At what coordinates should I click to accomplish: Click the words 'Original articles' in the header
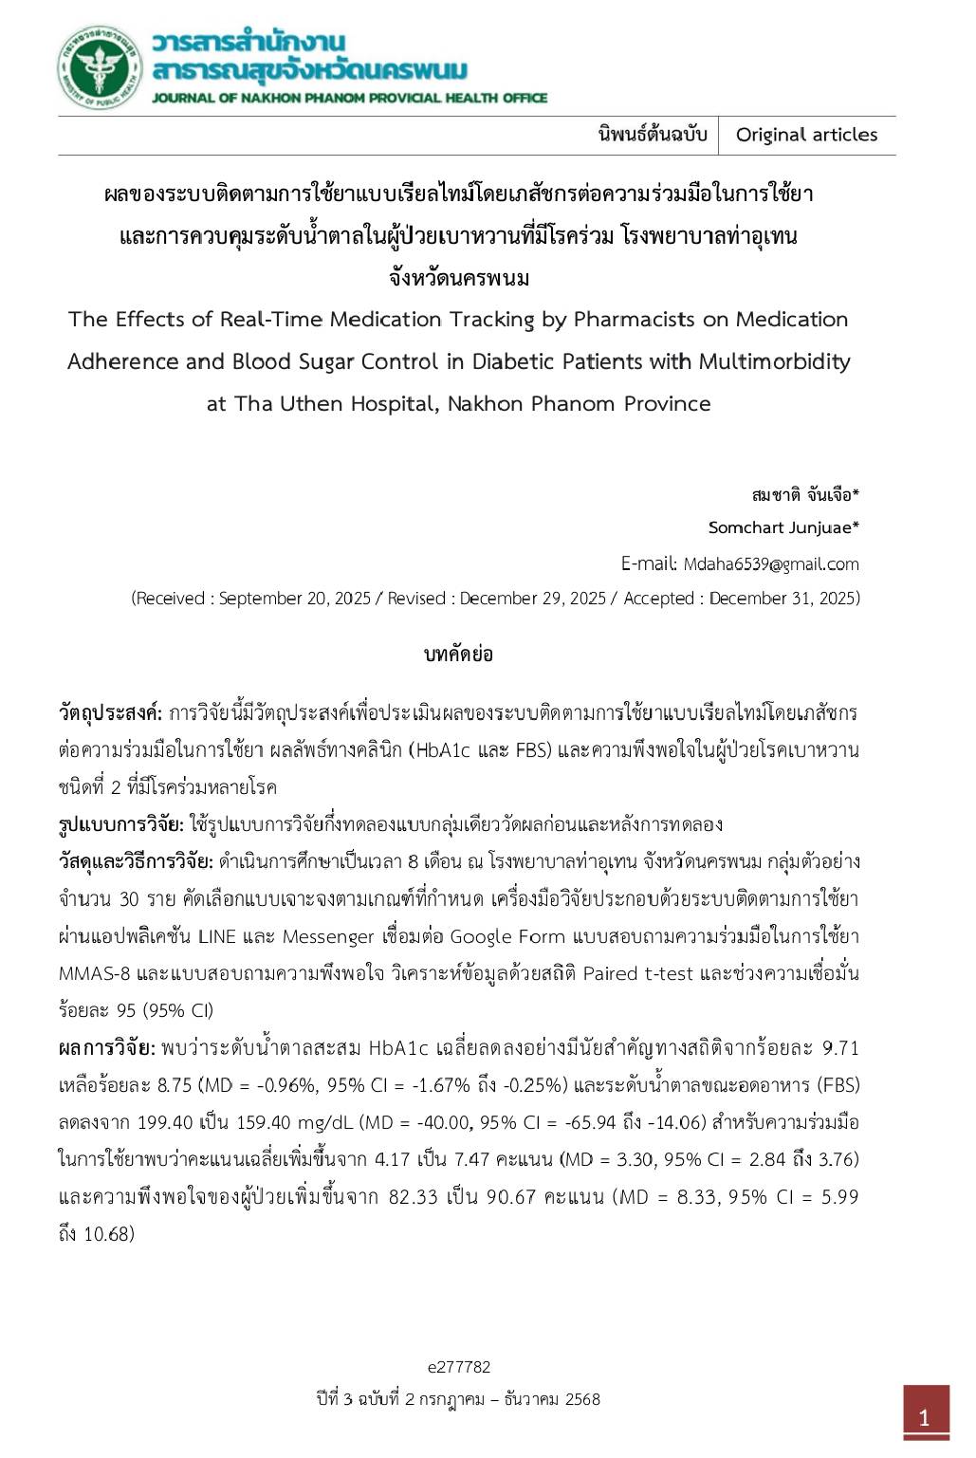click(806, 135)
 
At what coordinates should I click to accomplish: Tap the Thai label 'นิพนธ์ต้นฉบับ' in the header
click(653, 135)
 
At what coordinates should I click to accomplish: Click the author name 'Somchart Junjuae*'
click(783, 527)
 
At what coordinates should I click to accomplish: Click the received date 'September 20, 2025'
click(295, 599)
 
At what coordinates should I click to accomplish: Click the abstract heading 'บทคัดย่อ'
click(458, 655)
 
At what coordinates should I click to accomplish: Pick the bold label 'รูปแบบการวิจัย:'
click(121, 824)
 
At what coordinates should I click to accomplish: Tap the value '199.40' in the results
click(163, 1123)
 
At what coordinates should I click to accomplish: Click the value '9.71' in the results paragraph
click(840, 1048)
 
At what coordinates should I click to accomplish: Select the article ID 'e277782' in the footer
click(458, 1367)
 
